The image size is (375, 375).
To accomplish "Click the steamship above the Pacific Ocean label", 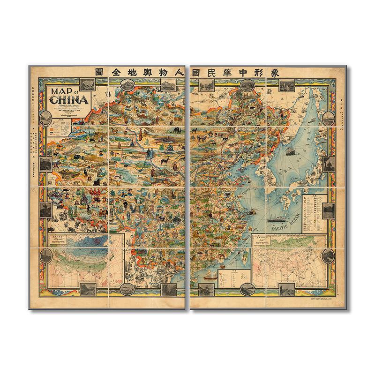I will click(x=277, y=217).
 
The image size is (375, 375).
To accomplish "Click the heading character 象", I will click(x=276, y=73).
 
